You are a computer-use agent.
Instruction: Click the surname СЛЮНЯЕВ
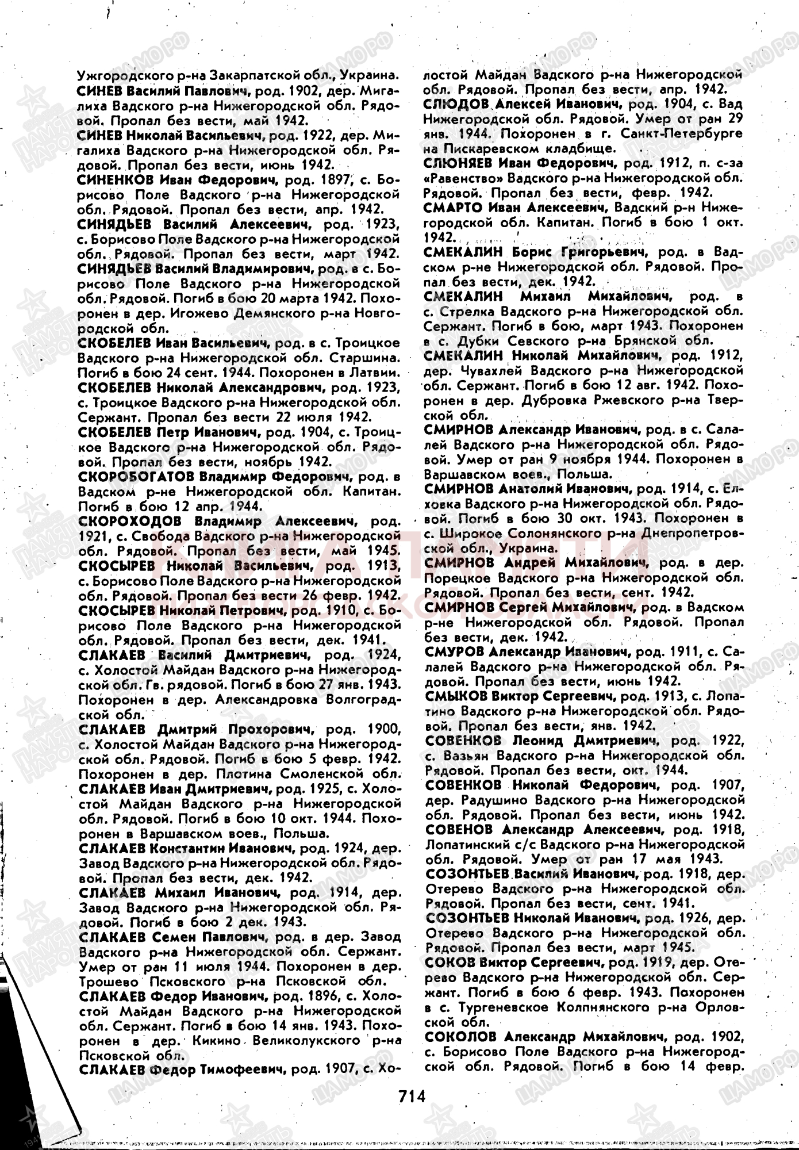click(x=460, y=163)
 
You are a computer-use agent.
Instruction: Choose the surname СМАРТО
click(x=454, y=207)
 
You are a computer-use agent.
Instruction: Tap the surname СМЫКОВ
click(x=456, y=696)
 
